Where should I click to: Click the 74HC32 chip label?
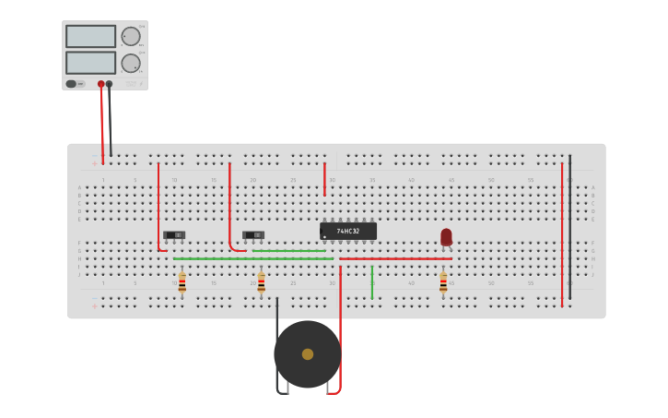point(348,231)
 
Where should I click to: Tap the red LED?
point(446,237)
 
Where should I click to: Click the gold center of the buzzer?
point(308,354)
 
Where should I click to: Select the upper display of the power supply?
point(90,36)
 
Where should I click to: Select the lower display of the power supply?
point(90,63)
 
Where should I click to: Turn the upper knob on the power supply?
point(131,36)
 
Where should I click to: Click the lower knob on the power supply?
point(131,63)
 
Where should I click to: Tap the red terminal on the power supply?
point(101,84)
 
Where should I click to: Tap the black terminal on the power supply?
point(110,84)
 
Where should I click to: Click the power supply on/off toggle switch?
point(72,84)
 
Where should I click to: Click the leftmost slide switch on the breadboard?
point(174,235)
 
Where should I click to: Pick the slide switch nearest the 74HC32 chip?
point(253,235)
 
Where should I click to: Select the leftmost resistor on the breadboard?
point(182,282)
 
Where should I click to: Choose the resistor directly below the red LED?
point(443,282)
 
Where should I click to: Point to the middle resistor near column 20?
point(262,282)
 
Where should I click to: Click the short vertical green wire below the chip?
point(371,281)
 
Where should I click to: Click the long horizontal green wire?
point(253,258)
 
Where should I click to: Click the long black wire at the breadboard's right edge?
point(569,226)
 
